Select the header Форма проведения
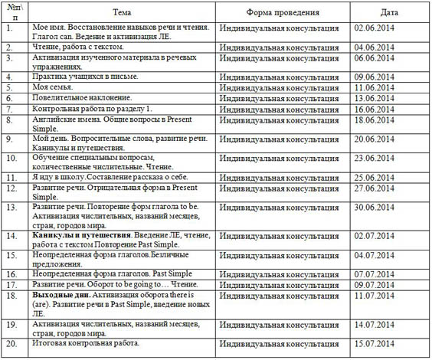click(x=278, y=12)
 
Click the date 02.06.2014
click(x=374, y=28)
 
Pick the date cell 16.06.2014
click(x=374, y=110)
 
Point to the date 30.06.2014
click(x=374, y=207)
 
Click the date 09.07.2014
click(x=374, y=285)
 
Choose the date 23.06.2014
click(x=374, y=159)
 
